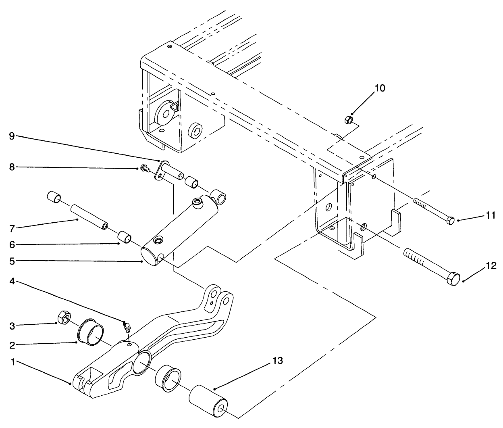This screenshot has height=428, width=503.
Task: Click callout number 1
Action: pos(13,363)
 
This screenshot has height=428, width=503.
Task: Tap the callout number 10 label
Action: pos(380,88)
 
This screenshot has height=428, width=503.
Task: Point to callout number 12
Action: pos(491,266)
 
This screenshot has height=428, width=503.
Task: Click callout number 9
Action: pos(12,136)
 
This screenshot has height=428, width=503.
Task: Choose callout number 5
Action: pos(12,261)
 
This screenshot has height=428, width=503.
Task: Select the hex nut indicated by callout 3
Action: pos(63,317)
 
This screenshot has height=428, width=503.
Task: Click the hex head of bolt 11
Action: pos(451,221)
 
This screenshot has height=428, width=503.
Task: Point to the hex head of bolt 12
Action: pos(454,279)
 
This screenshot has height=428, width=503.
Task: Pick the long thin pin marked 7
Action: pos(89,217)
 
